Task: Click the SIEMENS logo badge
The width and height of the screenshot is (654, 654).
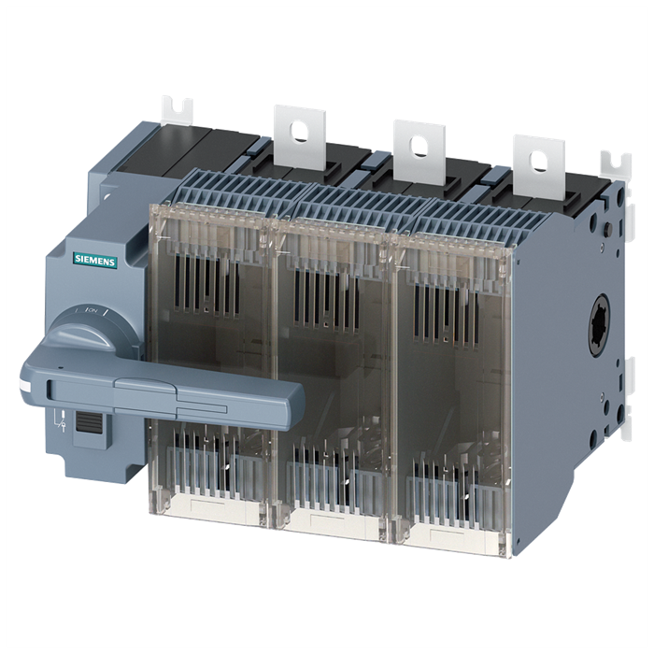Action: (x=93, y=262)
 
